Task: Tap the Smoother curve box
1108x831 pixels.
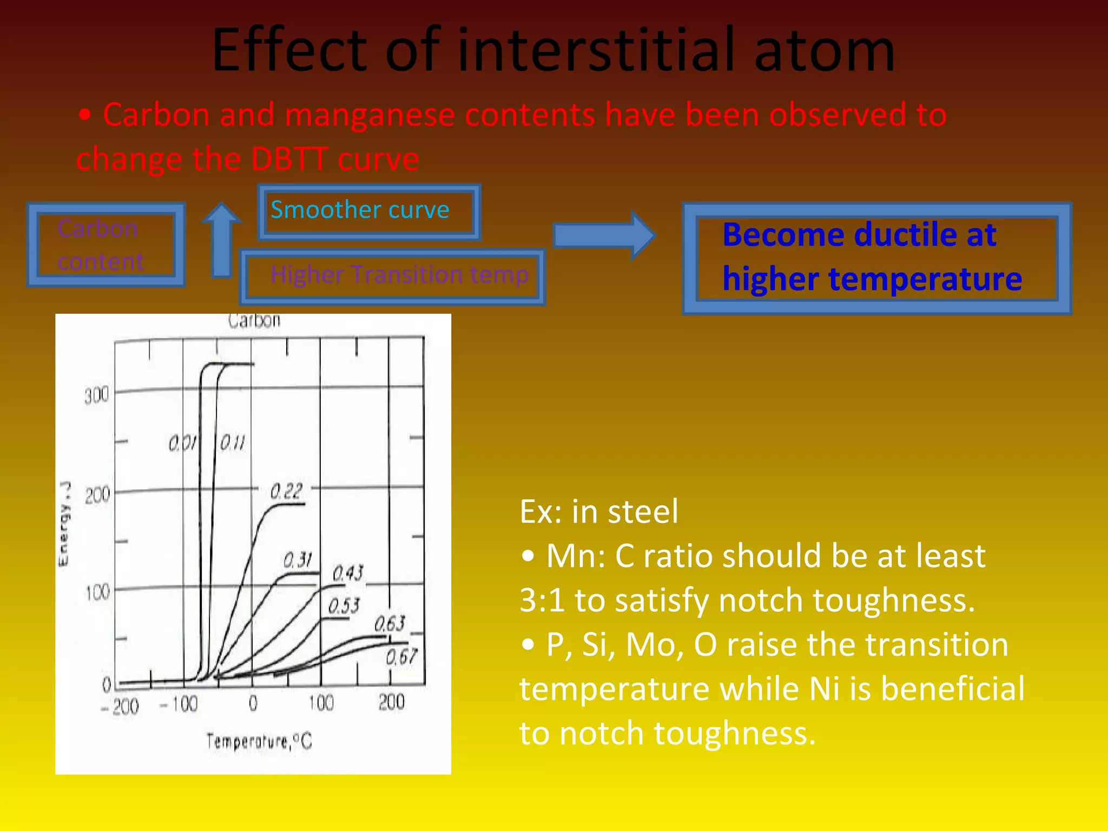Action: [369, 211]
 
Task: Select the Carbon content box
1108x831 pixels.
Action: [106, 245]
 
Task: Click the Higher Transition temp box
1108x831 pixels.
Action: [392, 276]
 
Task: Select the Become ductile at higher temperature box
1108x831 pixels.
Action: [876, 258]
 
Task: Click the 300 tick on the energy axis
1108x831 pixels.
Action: [96, 395]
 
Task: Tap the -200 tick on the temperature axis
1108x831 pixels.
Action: [120, 706]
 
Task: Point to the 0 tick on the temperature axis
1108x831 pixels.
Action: [253, 703]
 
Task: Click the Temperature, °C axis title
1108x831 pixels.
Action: [259, 741]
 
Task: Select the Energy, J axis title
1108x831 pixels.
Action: [64, 523]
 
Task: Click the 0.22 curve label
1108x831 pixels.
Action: [286, 491]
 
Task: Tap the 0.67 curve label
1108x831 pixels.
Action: [401, 657]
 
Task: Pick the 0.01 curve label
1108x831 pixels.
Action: [182, 444]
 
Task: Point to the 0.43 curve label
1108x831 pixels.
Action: [348, 572]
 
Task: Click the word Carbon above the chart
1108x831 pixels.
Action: [254, 320]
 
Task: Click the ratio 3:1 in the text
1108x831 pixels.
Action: [542, 600]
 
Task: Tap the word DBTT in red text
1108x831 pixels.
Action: [289, 159]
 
